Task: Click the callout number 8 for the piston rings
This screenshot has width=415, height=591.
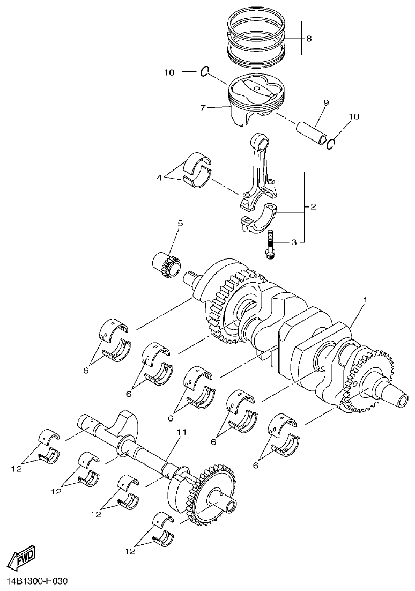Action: (309, 39)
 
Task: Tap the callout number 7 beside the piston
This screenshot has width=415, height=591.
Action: (203, 108)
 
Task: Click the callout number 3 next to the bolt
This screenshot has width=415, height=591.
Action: (293, 242)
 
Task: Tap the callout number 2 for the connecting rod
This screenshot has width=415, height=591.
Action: (313, 206)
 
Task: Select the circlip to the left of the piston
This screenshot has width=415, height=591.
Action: (205, 71)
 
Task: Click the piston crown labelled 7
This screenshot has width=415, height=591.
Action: (256, 87)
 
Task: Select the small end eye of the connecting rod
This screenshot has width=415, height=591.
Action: (262, 142)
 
